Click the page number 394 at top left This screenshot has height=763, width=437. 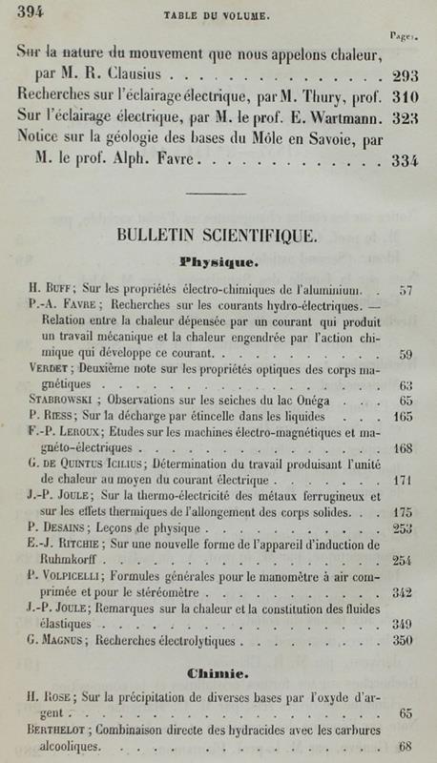pos(30,11)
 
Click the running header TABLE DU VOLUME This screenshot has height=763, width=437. pos(221,16)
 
